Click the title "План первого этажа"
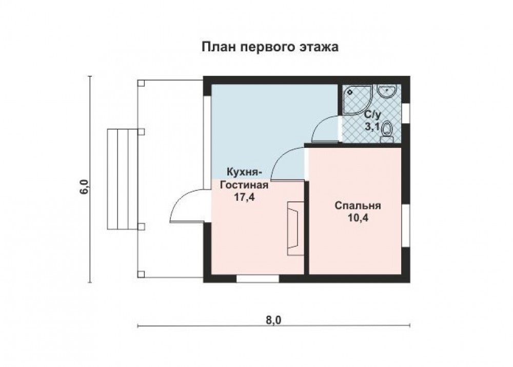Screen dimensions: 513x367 click(x=270, y=47)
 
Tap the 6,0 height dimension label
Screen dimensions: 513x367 click(x=84, y=187)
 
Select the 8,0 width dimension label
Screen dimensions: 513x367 click(x=273, y=320)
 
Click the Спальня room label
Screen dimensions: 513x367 click(x=358, y=206)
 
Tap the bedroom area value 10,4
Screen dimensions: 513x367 click(x=358, y=218)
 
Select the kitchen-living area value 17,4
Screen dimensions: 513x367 click(x=244, y=197)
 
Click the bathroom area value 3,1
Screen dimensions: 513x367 click(x=372, y=126)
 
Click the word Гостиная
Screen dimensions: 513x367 click(x=244, y=185)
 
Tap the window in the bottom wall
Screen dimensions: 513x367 click(x=258, y=279)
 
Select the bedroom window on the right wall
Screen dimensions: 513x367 click(x=406, y=225)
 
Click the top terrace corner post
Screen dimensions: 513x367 click(x=141, y=83)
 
